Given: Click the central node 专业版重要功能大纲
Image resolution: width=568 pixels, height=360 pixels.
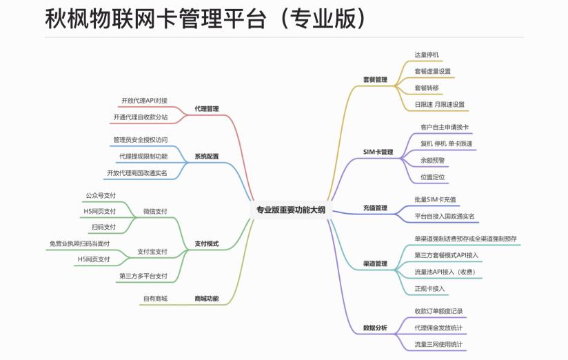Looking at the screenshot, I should click(x=290, y=210).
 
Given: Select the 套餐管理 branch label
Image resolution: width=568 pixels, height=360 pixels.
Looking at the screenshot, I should click(x=375, y=79).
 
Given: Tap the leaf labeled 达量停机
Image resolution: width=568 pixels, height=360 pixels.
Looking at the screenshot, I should click(x=427, y=54).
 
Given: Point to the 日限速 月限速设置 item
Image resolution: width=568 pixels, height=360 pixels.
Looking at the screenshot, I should click(x=439, y=105).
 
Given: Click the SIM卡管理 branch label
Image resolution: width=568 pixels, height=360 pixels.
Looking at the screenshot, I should click(x=377, y=152).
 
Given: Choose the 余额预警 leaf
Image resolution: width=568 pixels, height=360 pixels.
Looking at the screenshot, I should click(x=432, y=160).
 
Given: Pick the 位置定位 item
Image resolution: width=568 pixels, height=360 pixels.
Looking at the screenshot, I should click(x=432, y=177).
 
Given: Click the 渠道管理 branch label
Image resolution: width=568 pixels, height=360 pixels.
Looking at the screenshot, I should click(x=375, y=263).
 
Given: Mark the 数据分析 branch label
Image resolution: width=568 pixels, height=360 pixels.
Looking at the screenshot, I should click(x=375, y=328).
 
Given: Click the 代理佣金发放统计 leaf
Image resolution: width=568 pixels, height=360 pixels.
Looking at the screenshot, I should click(x=438, y=327).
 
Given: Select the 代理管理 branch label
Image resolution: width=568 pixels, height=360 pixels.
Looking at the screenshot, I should click(x=206, y=108).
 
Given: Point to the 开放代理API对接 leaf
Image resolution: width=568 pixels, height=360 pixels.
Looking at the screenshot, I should click(x=144, y=100).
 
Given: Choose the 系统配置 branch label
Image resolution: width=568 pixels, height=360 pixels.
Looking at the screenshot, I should click(x=206, y=157).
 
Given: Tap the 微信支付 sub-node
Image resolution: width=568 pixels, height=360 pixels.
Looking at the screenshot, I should click(x=155, y=211).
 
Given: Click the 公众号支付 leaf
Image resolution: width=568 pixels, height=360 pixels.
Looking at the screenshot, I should click(x=101, y=196).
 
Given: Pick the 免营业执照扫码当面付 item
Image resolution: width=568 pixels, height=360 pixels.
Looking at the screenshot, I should click(x=79, y=243).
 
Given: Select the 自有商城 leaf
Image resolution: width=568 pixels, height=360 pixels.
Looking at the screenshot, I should click(x=155, y=299).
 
